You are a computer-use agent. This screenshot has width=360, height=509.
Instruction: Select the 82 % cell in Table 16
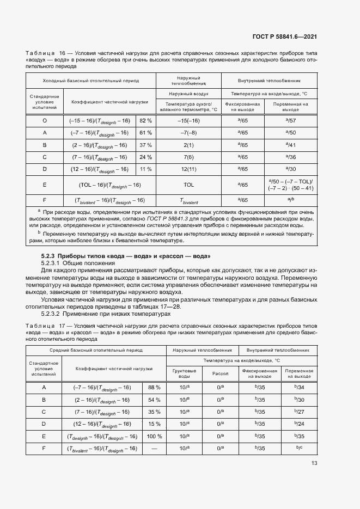pos(145,120)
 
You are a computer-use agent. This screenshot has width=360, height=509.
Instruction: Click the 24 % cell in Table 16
pos(145,157)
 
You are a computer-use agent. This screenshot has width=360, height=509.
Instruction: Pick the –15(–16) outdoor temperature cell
pos(188,120)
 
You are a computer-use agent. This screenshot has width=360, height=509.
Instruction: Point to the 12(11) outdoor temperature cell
pos(188,169)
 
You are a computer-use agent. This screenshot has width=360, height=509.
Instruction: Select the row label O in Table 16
pos(44,120)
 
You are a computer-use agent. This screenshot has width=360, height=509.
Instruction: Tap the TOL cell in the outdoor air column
pos(188,185)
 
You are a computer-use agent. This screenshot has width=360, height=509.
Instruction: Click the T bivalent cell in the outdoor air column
pos(188,200)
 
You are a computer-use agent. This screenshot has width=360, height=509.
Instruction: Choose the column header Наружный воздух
pos(188,94)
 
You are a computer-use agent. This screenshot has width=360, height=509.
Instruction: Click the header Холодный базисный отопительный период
pos(91,81)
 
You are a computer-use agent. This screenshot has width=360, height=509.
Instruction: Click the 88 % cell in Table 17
pos(154,387)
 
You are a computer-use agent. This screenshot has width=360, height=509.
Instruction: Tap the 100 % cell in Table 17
pos(154,437)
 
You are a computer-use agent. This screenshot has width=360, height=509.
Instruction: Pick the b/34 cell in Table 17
pos(298,387)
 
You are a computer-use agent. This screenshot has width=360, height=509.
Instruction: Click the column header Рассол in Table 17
pos(220,373)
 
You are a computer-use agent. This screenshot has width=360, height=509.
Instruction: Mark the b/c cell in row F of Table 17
pos(298,449)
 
